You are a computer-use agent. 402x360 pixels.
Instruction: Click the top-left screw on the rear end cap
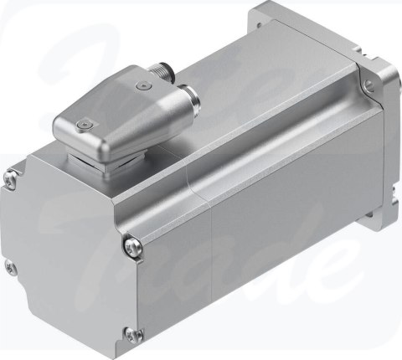pos(11,176)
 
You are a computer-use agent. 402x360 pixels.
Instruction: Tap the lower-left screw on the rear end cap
pos(10,268)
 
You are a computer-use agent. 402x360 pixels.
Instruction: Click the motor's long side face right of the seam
pos(285,209)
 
